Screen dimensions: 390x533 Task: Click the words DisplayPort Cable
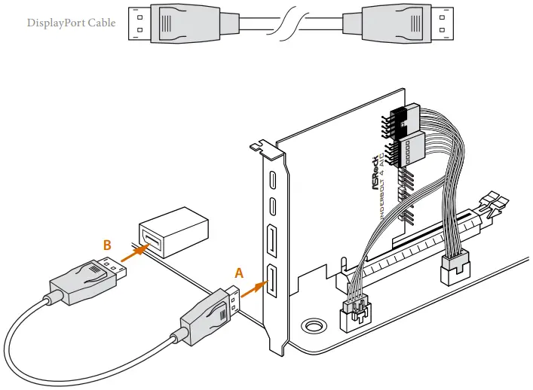click(71, 23)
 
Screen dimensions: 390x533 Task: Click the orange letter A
click(239, 273)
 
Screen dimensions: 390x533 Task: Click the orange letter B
click(108, 245)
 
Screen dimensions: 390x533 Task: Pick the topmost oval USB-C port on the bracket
click(272, 181)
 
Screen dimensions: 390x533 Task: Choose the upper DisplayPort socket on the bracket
click(272, 242)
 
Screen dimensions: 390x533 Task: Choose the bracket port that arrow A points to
click(272, 282)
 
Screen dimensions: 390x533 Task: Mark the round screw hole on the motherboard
click(310, 327)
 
